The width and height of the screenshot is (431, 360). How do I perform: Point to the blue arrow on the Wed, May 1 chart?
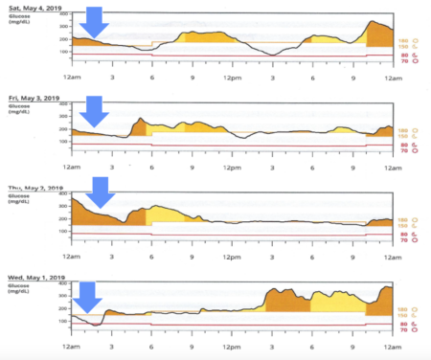[88, 296]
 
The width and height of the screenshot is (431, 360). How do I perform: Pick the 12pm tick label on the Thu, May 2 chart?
[232, 258]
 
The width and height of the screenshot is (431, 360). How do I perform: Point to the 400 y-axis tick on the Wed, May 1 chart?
[61, 283]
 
